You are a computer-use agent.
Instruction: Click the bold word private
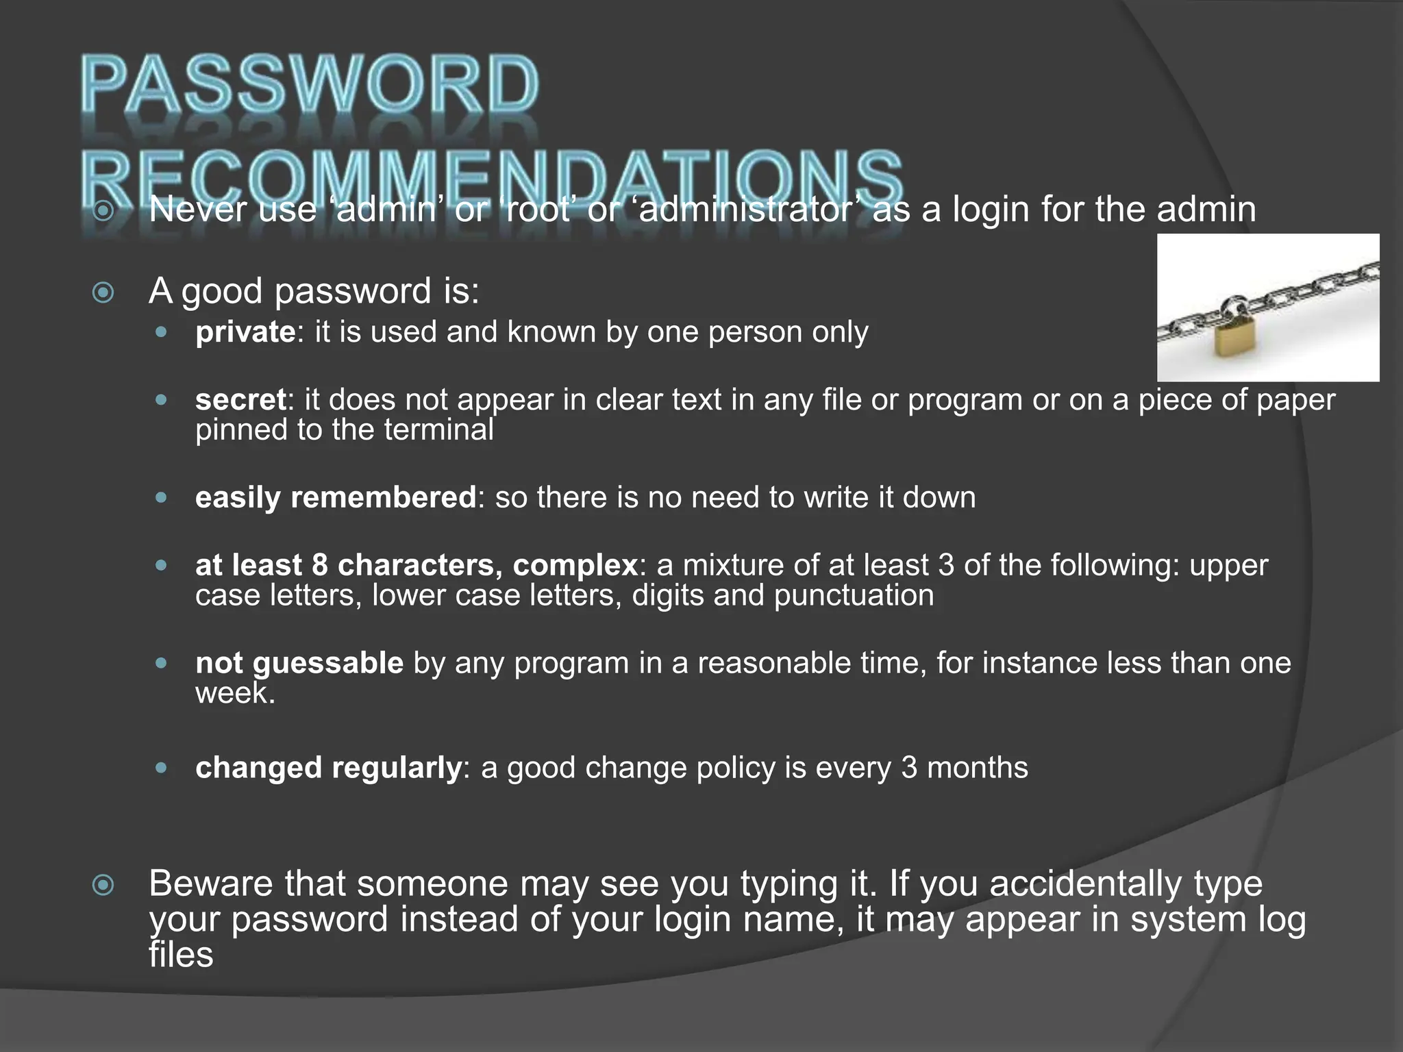[x=245, y=332]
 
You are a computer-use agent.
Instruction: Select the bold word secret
[x=240, y=400]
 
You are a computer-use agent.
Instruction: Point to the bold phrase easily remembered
[x=335, y=497]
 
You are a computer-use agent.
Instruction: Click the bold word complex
[x=575, y=566]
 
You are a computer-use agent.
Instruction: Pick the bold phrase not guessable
[x=299, y=663]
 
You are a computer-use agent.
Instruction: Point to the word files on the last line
[x=181, y=955]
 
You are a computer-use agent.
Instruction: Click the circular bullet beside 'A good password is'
[x=103, y=293]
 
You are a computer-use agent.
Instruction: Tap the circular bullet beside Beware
[x=103, y=885]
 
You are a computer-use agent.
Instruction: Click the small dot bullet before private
[x=161, y=332]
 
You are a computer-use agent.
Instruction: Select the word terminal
[x=438, y=430]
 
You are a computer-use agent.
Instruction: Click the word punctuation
[x=854, y=595]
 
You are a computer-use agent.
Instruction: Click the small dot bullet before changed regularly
[x=161, y=768]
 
